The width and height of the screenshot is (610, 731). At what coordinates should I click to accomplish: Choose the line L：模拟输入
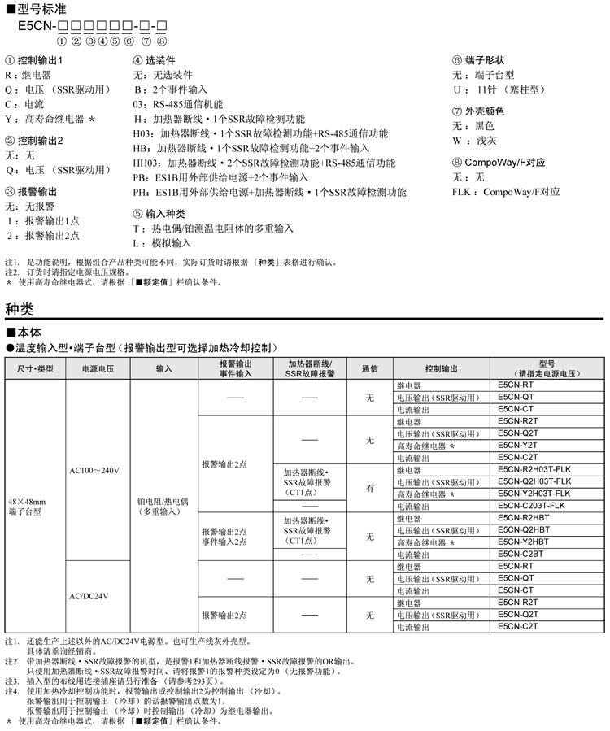coord(163,243)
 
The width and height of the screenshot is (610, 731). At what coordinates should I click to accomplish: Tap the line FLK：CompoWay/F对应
coord(505,192)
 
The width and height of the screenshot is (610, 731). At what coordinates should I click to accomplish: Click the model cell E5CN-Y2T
coord(516,446)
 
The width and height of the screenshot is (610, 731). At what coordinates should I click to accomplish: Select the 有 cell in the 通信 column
coord(369,488)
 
